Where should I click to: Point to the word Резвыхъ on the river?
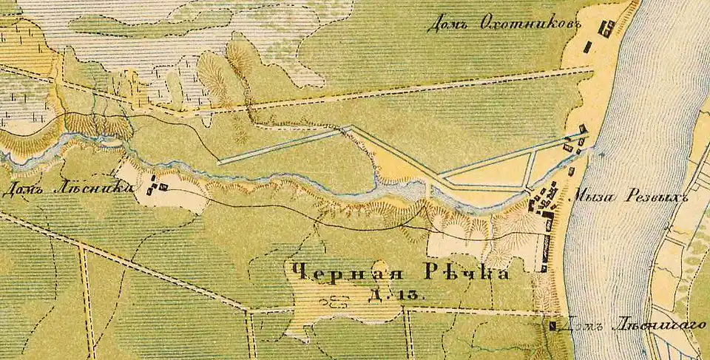pos(655,197)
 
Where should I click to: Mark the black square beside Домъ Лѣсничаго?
pos(554,325)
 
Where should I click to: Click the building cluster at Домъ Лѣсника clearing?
pos(156,186)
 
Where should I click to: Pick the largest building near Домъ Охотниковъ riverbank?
pos(607,29)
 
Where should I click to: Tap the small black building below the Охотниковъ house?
pos(588,47)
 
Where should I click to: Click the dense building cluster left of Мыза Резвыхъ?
pos(544,201)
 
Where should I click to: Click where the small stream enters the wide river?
pos(595,152)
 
